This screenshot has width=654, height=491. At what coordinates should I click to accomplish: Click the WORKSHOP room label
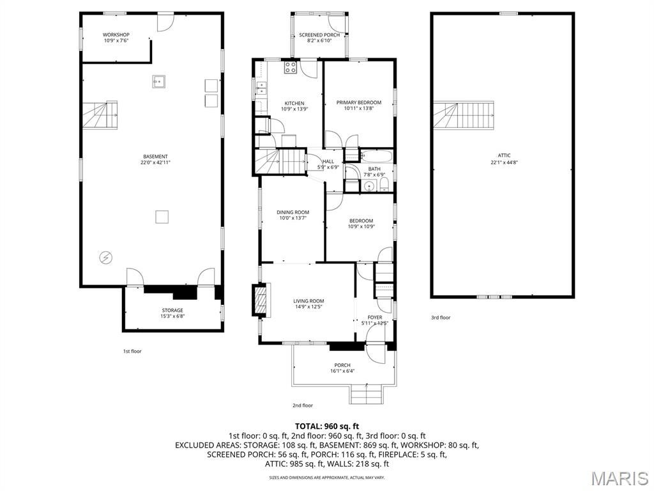point(116,35)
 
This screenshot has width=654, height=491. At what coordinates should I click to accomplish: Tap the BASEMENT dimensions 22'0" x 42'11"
point(156,163)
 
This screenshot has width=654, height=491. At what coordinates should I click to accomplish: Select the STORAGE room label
point(172,310)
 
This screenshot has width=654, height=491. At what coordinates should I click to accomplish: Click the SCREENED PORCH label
point(319,35)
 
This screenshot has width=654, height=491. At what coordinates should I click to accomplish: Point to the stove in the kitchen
point(291,67)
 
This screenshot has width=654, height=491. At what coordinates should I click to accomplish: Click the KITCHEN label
point(294,103)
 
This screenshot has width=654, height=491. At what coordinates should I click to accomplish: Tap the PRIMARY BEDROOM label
point(359,102)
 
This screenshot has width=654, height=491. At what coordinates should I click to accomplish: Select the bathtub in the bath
point(377,157)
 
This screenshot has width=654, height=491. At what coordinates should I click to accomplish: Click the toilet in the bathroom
point(385,185)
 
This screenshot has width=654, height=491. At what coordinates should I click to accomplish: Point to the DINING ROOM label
point(293,212)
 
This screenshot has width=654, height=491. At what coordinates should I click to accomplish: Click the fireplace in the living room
point(261,299)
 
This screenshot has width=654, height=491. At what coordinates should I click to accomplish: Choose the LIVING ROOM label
point(308,301)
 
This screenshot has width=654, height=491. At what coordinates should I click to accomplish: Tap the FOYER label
point(374,317)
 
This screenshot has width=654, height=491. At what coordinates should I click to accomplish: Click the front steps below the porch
point(366,394)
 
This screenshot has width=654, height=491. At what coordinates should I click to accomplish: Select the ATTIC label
point(504,155)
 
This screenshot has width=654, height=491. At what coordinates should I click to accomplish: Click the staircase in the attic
point(464,115)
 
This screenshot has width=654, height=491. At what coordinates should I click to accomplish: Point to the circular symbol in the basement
point(105,258)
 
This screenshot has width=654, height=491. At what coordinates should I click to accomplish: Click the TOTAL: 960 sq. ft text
point(327,426)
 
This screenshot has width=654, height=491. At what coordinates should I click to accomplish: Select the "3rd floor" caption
point(441,317)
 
